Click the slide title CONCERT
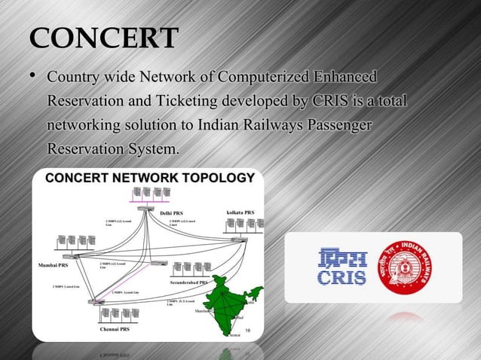click(103, 38)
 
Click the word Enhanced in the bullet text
click(345, 78)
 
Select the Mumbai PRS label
click(53, 265)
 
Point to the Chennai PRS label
click(115, 329)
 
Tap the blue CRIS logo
click(343, 267)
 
